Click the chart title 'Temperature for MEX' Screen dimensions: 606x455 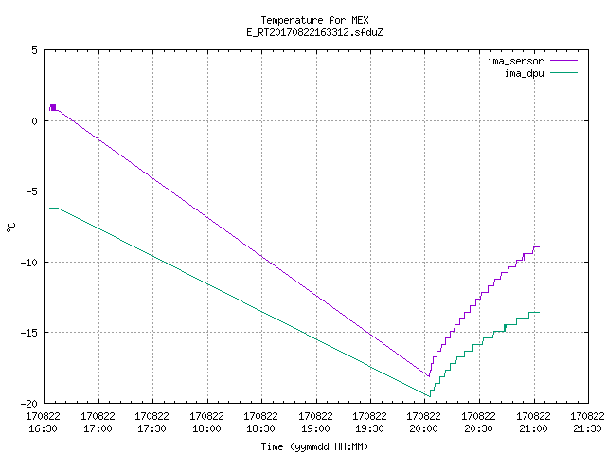314,20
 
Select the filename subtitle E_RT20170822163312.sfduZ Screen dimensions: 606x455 314,32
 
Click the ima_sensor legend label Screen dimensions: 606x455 515,61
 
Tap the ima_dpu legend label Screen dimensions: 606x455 524,73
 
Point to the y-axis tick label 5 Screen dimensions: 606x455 34,50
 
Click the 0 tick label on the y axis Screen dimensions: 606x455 34,121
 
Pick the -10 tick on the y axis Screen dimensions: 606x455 29,263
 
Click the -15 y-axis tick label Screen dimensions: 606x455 29,333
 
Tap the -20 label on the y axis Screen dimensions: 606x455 29,404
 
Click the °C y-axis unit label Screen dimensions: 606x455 10,227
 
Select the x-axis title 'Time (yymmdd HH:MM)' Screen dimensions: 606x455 314,446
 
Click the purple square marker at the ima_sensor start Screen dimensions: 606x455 53,107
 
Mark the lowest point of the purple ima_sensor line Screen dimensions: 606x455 429,376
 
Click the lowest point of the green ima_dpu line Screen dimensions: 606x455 429,396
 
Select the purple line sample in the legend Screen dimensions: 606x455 564,61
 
